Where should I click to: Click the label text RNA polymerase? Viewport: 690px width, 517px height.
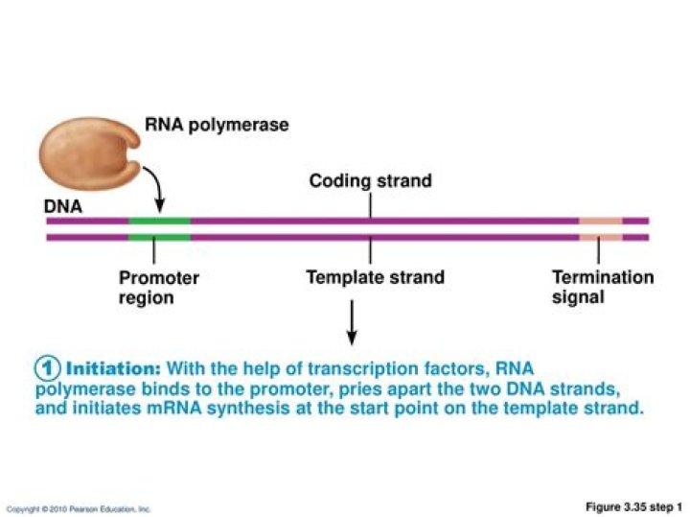216,125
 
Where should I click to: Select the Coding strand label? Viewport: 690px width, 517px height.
370,180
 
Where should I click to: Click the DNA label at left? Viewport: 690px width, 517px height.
63,206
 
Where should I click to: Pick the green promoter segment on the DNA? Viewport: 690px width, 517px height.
159,228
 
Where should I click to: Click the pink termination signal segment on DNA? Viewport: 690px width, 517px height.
600,228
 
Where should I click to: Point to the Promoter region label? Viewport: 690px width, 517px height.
159,288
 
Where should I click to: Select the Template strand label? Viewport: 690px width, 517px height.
375,278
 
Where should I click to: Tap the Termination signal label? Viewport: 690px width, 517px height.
603,287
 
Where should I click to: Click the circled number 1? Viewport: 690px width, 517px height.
48,368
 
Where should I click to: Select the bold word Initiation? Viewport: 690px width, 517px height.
113,368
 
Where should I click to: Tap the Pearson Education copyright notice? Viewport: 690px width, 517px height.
79,508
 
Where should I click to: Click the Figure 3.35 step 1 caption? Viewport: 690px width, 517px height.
633,506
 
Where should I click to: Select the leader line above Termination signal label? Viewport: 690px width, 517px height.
598,251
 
